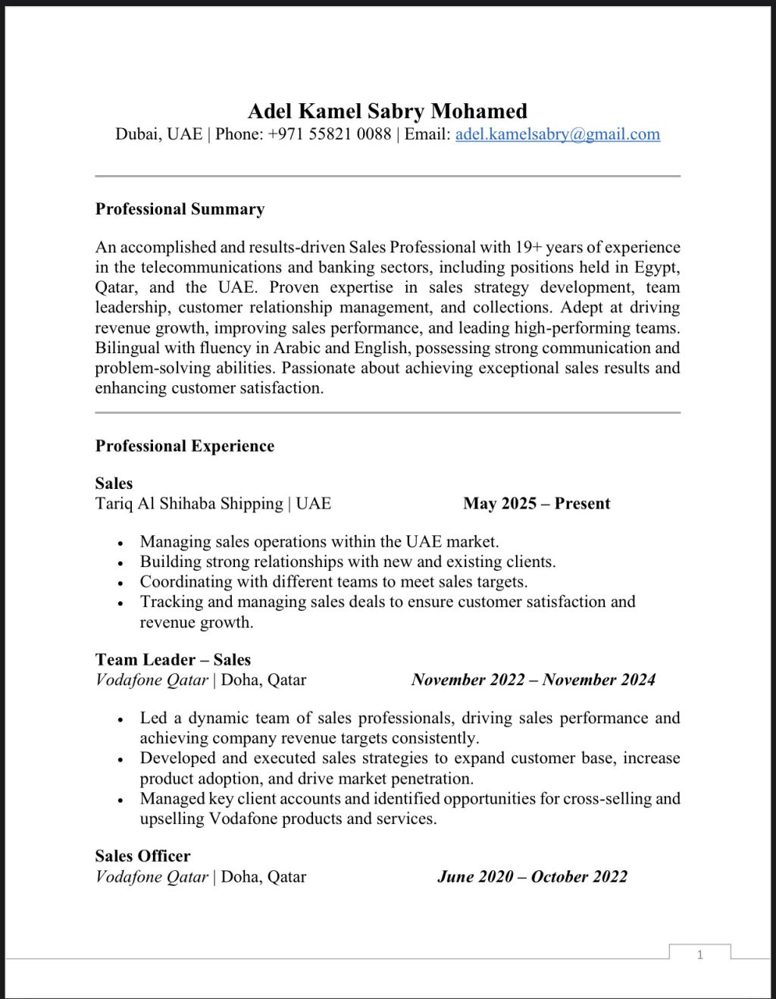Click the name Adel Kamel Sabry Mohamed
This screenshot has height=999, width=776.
tap(387, 111)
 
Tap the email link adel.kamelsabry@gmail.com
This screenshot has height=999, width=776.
tap(557, 134)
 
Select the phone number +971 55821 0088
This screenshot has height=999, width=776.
tap(330, 134)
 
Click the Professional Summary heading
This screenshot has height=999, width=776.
tap(180, 209)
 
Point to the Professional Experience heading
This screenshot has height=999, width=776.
tap(184, 446)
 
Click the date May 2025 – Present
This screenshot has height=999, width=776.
tap(537, 503)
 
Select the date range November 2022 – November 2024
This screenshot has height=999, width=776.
tap(533, 679)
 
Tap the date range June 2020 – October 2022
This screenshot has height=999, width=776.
tap(532, 876)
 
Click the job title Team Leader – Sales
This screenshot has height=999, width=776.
tap(173, 659)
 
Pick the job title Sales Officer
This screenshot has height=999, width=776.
tap(142, 856)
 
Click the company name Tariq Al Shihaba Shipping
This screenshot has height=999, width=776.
tap(189, 503)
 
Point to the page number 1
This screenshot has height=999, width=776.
tap(699, 954)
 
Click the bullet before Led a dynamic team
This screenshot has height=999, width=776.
tap(120, 719)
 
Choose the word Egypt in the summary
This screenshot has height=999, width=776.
tap(656, 267)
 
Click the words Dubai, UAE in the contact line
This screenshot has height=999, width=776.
tap(158, 134)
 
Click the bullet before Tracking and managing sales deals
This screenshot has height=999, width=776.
tap(120, 603)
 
